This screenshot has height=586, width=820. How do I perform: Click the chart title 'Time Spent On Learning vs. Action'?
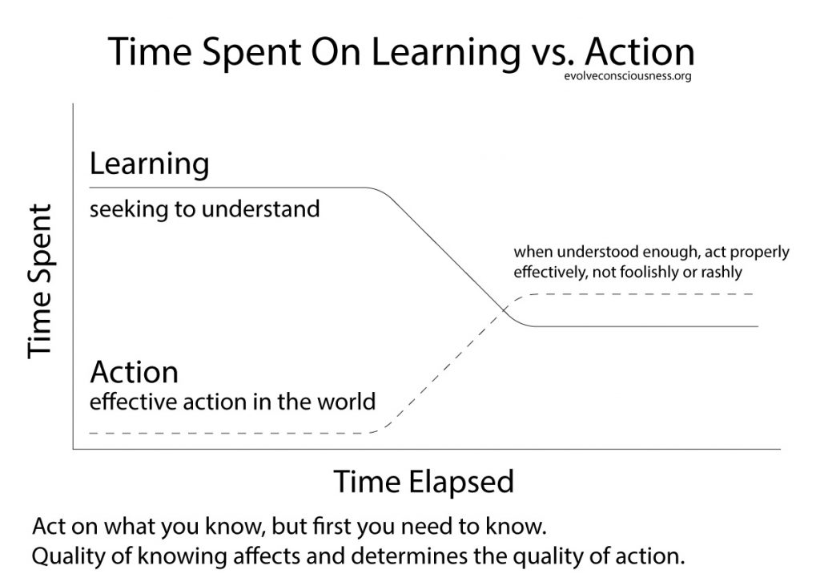pos(400,52)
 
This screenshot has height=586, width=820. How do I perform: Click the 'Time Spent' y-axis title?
pos(41,281)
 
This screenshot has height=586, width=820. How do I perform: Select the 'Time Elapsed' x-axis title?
pos(423,481)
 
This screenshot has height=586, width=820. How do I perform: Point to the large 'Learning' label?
pos(149,164)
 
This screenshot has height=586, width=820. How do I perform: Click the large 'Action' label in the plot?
pos(134,372)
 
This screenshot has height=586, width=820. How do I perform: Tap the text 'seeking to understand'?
pos(204,210)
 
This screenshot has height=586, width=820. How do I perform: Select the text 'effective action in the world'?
pos(232,400)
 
